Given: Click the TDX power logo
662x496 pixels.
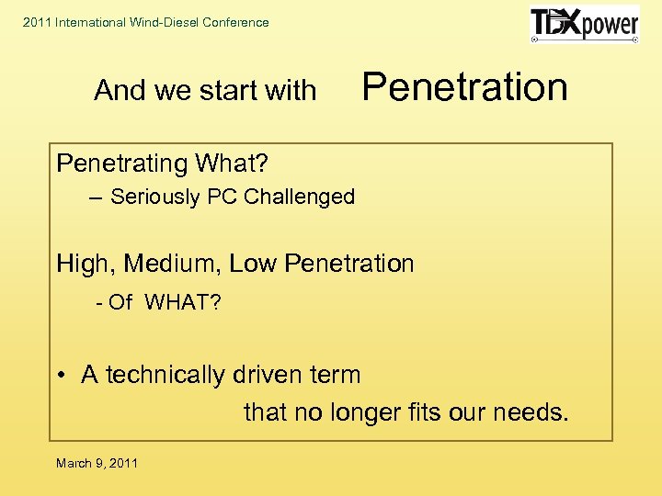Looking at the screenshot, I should [x=585, y=25].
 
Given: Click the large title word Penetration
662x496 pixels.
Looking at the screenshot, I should [x=464, y=87].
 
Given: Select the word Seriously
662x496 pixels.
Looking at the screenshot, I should [x=152, y=197].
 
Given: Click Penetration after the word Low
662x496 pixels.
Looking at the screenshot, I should [x=349, y=264].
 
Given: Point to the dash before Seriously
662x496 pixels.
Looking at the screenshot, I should [x=97, y=197].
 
